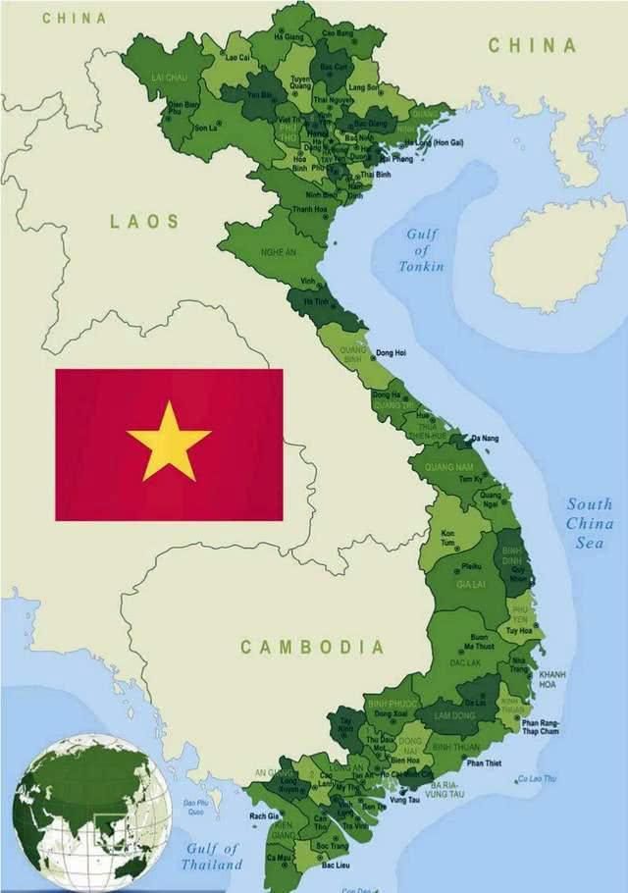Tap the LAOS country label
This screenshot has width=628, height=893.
click(144, 222)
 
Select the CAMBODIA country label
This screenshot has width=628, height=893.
click(312, 648)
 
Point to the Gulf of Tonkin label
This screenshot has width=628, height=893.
click(421, 250)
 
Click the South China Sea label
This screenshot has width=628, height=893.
click(589, 523)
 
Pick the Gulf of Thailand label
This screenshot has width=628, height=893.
click(211, 857)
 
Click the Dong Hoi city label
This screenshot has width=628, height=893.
click(391, 352)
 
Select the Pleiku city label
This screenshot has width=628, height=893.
click(472, 566)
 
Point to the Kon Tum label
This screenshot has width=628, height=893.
click(447, 538)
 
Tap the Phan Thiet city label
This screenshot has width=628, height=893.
click(483, 762)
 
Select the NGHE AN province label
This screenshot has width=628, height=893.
click(278, 252)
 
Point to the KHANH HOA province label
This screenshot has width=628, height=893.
click(552, 680)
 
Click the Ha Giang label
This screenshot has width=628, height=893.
click(289, 36)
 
